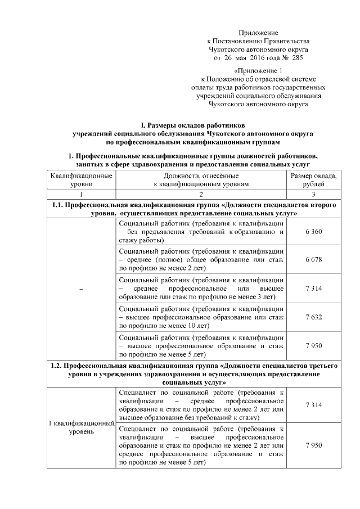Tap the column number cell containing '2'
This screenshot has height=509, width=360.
(200, 193)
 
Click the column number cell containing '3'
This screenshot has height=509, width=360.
(313, 193)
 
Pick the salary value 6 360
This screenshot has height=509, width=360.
(313, 232)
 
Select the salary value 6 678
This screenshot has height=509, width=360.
(313, 260)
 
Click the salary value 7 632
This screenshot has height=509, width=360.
(313, 317)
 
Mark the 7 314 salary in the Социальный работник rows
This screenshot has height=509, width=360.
(313, 289)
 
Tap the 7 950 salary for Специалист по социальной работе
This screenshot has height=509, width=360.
(313, 445)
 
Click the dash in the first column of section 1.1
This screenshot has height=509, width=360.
(81, 289)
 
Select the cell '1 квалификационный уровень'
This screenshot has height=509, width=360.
(81, 427)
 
